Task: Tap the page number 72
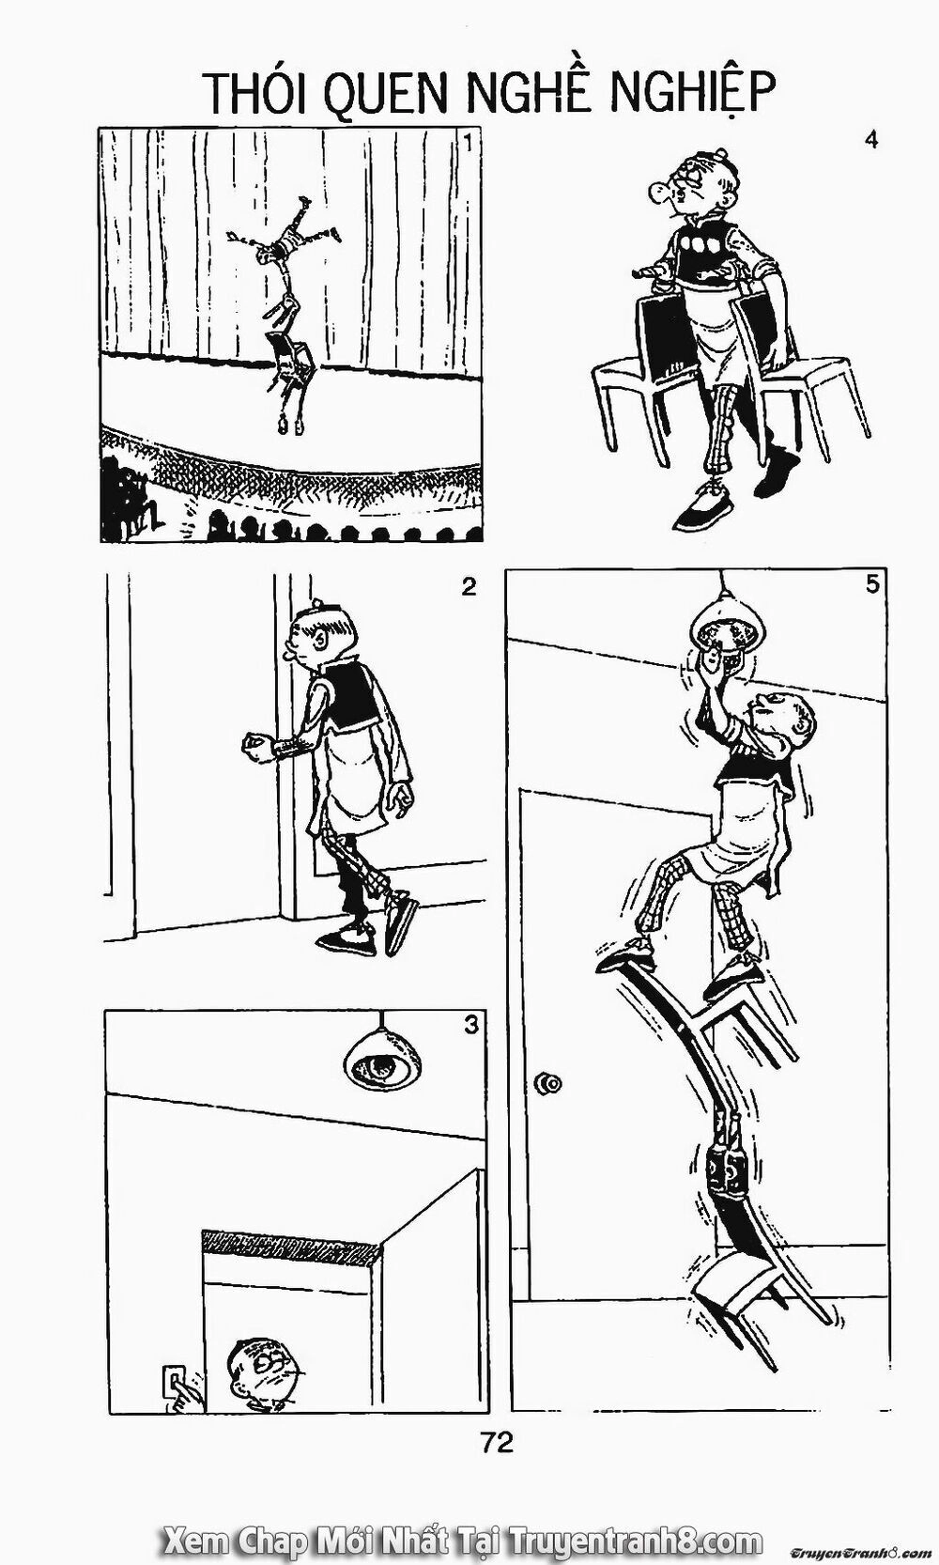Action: click(497, 1442)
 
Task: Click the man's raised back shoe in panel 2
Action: click(401, 923)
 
